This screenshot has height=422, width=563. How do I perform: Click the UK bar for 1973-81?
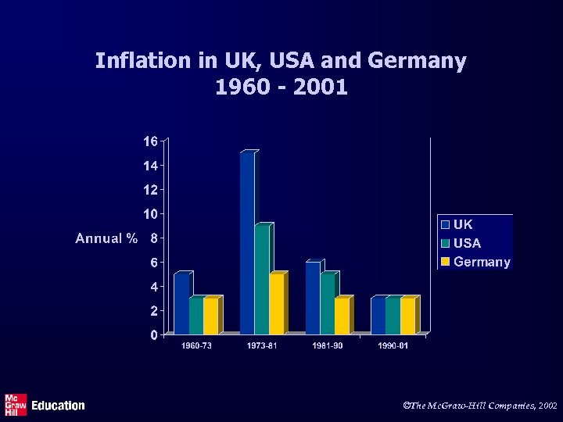(247, 243)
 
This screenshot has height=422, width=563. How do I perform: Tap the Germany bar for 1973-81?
(277, 304)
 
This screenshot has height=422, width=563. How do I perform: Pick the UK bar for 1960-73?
(181, 304)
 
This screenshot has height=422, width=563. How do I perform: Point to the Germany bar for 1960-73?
(211, 316)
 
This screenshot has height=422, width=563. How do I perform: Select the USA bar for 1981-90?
(328, 304)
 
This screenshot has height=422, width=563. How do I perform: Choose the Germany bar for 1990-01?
(408, 316)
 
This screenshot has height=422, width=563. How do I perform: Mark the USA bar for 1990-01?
(393, 316)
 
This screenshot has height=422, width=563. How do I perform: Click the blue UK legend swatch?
(445, 225)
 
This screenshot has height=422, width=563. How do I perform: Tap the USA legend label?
(468, 243)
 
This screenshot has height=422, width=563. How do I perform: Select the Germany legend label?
(482, 262)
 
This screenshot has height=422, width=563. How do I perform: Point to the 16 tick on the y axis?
(149, 141)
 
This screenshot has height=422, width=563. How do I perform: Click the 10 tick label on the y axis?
(149, 214)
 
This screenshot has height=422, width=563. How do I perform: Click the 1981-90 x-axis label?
(328, 345)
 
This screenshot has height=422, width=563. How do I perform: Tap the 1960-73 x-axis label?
(196, 345)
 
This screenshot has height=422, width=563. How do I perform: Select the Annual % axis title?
(107, 238)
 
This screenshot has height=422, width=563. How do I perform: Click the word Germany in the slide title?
(418, 60)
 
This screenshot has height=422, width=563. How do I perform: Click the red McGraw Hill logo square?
(16, 405)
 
